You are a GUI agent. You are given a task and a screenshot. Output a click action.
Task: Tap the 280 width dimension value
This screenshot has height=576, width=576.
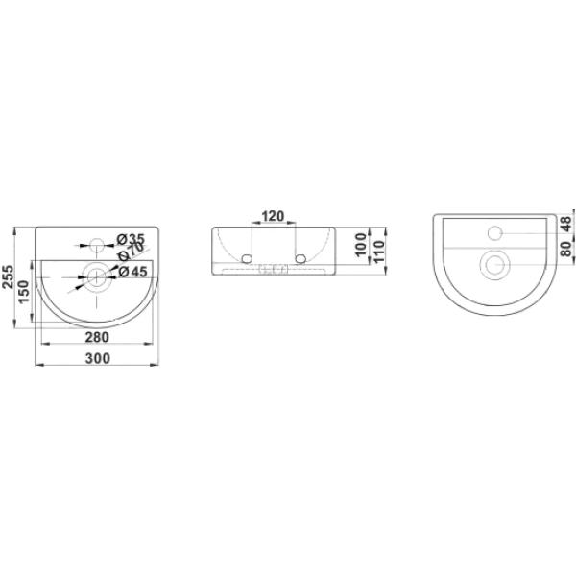(x=97, y=337)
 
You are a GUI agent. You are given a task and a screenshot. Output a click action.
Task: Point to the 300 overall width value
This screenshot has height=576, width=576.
(x=98, y=358)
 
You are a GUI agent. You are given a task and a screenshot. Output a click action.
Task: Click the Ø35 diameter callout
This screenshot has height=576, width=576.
(x=131, y=239)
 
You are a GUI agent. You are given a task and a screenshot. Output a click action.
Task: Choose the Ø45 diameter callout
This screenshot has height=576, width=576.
(x=132, y=272)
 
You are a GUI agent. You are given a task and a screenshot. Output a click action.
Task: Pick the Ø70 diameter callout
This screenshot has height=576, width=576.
(x=130, y=252)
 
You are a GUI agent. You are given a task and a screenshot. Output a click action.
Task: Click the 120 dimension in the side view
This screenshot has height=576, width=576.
(x=273, y=216)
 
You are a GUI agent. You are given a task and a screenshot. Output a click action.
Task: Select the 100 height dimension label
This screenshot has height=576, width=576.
(x=362, y=244)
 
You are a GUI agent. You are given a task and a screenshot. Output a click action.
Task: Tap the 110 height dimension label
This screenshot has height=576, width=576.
(x=378, y=251)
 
